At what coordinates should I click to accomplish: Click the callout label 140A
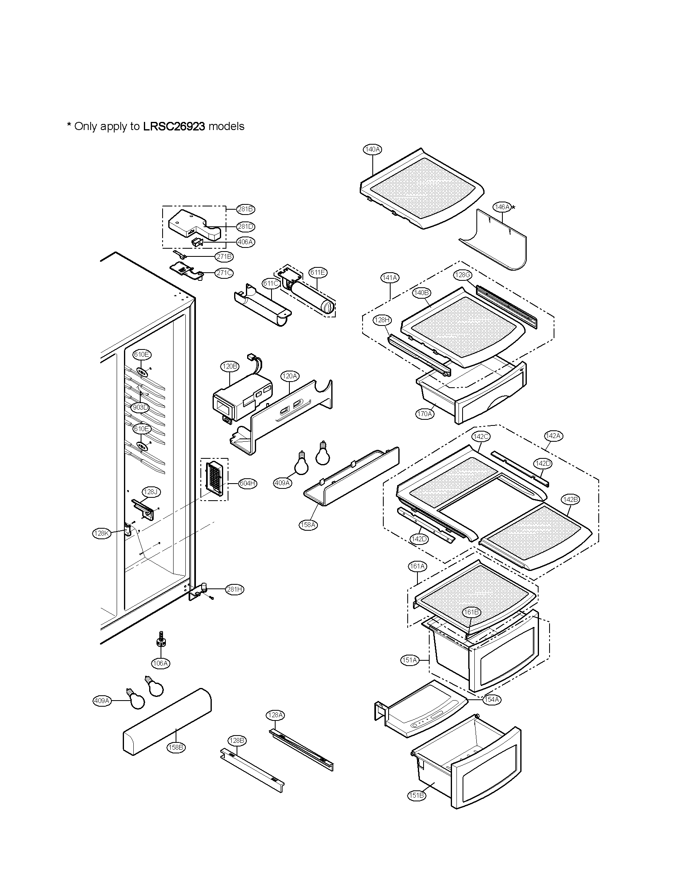click(x=372, y=150)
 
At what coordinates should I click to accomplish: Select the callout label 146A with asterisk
click(x=502, y=207)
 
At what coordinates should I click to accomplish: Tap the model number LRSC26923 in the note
click(x=174, y=126)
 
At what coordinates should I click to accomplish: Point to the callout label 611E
click(x=318, y=272)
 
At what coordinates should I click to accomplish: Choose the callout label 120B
click(x=230, y=367)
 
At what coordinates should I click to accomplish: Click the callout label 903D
click(x=140, y=407)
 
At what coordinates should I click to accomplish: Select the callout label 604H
click(x=248, y=484)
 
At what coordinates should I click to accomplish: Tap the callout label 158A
click(x=308, y=524)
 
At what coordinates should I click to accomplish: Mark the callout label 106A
click(x=161, y=663)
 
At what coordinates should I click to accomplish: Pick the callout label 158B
click(x=176, y=747)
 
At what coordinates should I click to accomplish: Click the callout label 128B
click(x=237, y=740)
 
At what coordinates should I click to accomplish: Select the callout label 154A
click(x=491, y=700)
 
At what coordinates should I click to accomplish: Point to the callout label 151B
click(x=416, y=795)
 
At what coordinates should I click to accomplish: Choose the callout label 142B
click(x=570, y=499)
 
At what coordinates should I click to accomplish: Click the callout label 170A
click(x=424, y=414)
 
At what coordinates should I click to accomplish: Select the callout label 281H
click(x=235, y=590)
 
